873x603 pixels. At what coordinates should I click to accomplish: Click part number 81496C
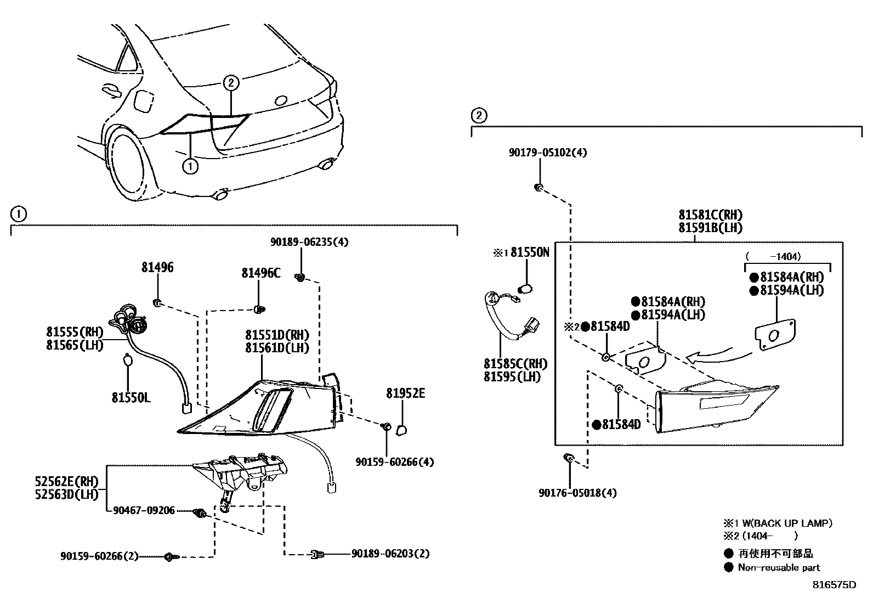(261, 273)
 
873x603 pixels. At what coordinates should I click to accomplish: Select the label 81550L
(131, 397)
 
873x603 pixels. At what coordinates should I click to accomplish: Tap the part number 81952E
(405, 393)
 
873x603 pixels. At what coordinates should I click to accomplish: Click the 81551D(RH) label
(277, 335)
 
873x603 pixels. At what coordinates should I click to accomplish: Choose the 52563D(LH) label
(66, 494)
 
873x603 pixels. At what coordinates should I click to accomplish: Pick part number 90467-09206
(144, 511)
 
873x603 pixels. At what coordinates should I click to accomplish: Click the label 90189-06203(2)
(390, 554)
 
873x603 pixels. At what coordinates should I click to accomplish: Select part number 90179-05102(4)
(547, 153)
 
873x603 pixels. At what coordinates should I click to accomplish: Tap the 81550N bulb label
(530, 252)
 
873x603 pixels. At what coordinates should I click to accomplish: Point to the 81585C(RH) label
(515, 364)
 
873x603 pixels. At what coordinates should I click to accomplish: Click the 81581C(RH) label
(711, 215)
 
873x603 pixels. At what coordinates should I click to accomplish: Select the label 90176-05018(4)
(577, 493)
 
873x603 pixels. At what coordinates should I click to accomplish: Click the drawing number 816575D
(834, 585)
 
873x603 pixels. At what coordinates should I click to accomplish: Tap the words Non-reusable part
(779, 568)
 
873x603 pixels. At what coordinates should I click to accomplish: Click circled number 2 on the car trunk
(231, 83)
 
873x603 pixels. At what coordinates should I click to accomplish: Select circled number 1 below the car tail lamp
(190, 166)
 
